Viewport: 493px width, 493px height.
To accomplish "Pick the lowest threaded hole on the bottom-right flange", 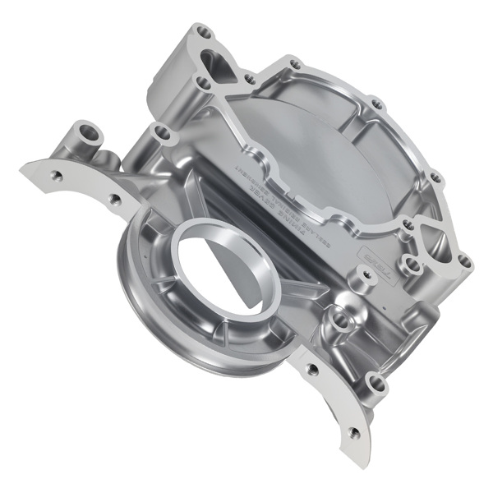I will point(354,432).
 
